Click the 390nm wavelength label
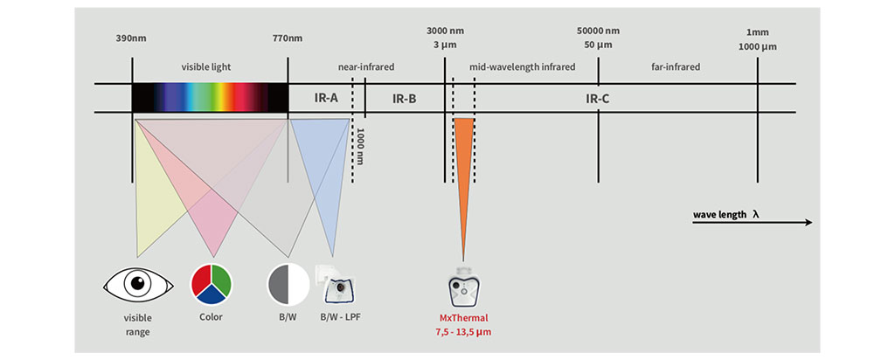(131, 38)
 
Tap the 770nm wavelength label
(288, 38)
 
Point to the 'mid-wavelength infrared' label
(523, 66)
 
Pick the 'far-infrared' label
(676, 66)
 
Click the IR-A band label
(326, 98)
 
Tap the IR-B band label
(404, 98)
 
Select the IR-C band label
(597, 98)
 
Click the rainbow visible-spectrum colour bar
(210, 97)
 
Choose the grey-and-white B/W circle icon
(288, 283)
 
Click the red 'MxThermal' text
(463, 318)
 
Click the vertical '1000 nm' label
(359, 148)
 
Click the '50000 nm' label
(599, 31)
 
